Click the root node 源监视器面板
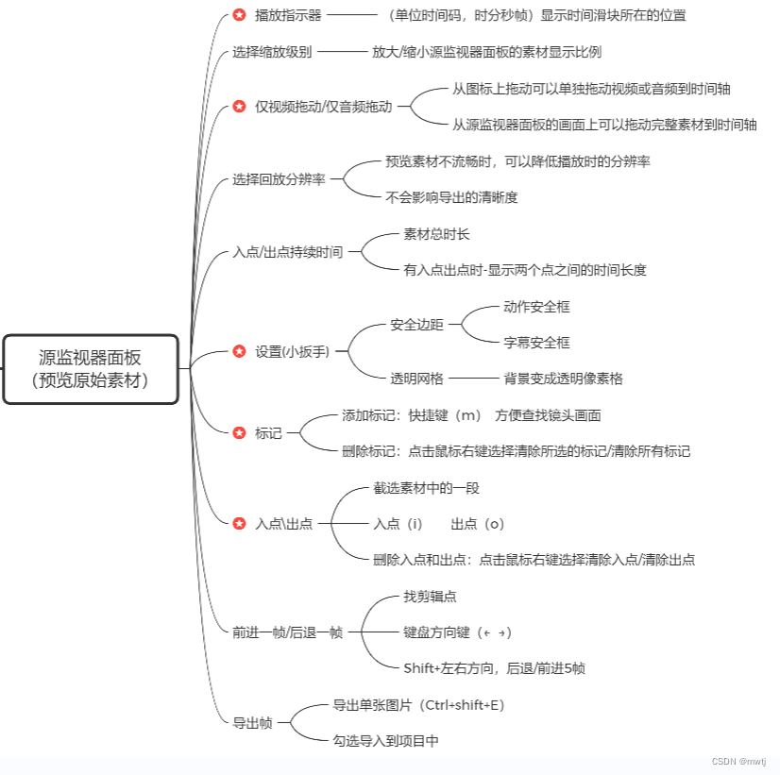(90, 369)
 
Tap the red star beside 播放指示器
(239, 15)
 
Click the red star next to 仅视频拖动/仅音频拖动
(239, 107)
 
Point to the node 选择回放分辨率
(279, 179)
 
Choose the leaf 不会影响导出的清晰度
(451, 197)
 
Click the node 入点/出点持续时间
(287, 252)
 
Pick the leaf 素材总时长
(436, 234)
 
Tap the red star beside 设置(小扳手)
(239, 351)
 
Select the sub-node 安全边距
(417, 325)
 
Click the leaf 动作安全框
(536, 307)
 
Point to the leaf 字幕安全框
(536, 343)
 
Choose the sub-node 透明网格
(417, 379)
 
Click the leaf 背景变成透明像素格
(563, 379)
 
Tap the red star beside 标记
(239, 433)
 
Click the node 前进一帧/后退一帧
(287, 632)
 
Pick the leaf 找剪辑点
(431, 597)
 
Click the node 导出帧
(252, 723)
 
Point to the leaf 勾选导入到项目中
(385, 741)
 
